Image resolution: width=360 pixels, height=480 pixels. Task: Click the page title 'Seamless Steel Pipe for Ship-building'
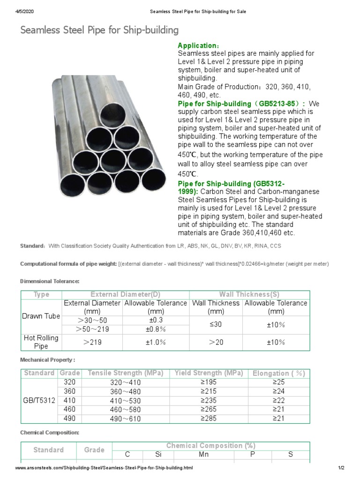pos(99,30)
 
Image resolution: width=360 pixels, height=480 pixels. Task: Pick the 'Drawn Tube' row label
pos(41,316)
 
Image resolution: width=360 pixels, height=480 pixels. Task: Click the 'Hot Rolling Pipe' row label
pos(41,342)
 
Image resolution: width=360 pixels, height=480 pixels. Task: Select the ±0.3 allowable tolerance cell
pos(155,320)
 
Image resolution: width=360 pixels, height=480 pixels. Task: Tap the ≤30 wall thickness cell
pos(216,324)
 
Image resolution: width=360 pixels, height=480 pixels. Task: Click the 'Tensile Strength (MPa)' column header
pos(125,373)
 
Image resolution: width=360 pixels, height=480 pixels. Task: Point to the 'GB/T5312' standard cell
pos(39,400)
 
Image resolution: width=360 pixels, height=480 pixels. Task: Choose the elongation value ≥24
pos(278,391)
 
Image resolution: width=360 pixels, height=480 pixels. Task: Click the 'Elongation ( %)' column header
pos(278,374)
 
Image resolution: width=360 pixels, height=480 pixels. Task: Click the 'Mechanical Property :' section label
pos(47,360)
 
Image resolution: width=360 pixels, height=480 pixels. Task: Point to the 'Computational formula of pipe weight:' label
pos(68,264)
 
